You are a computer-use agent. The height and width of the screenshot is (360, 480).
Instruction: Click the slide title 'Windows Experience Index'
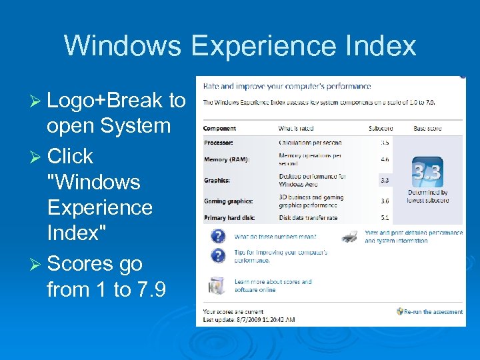click(240, 46)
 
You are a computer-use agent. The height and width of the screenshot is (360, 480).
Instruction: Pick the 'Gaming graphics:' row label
click(227, 201)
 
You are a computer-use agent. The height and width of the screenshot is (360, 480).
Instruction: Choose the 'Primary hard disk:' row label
click(230, 217)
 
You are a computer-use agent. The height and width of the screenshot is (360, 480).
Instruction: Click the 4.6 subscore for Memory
click(385, 159)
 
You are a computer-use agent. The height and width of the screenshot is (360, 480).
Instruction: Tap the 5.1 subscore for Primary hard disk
click(385, 217)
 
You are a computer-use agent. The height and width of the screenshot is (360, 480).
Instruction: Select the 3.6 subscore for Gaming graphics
click(385, 201)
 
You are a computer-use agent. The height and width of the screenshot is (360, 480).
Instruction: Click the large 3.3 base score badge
click(427, 173)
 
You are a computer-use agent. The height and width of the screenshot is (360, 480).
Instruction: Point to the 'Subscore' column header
click(381, 128)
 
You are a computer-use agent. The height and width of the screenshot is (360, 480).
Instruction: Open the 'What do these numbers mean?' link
click(275, 237)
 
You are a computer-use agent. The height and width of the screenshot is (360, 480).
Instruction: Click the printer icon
click(349, 236)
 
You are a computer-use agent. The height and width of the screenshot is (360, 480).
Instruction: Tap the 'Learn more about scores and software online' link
click(273, 285)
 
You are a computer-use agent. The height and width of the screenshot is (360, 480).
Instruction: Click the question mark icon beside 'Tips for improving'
click(217, 255)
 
